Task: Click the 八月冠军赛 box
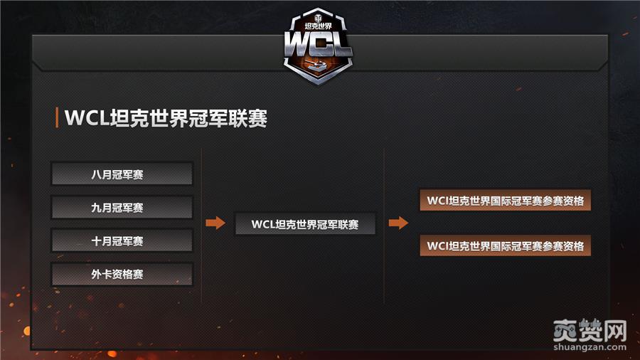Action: click(122, 174)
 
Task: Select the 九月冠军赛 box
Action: click(122, 207)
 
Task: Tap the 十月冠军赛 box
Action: click(122, 240)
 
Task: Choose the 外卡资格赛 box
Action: click(122, 274)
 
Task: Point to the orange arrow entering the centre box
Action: click(215, 223)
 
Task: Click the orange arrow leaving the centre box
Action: click(398, 223)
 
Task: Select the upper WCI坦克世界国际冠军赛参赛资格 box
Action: click(506, 201)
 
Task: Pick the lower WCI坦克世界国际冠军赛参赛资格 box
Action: click(506, 246)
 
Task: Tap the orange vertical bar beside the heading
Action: click(57, 118)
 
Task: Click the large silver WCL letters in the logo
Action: click(319, 44)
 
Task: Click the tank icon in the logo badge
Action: click(319, 65)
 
